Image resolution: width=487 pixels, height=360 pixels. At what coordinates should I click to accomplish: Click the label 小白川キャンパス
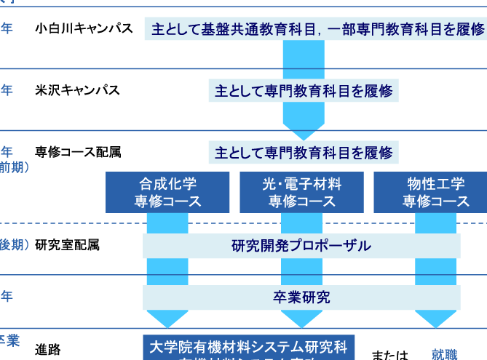[x=84, y=29]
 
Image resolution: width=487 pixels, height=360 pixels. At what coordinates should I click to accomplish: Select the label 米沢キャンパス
[x=77, y=90]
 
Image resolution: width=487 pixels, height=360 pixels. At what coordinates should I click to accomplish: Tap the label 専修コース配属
[x=78, y=152]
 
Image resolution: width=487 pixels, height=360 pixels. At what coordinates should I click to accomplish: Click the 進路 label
[x=48, y=348]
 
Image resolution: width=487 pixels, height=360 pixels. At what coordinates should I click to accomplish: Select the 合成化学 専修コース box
[x=167, y=192]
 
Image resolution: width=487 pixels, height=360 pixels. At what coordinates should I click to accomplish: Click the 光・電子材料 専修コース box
[x=301, y=192]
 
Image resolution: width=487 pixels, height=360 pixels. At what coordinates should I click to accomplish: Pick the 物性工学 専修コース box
[x=436, y=192]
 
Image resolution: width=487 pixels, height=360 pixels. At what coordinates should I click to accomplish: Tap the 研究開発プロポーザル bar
[x=301, y=245]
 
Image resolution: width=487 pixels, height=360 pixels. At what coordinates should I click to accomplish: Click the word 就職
[x=444, y=355]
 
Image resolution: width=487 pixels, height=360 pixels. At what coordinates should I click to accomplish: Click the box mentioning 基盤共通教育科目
[x=317, y=29]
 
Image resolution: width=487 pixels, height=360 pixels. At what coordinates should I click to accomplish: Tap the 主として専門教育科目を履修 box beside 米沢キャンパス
[x=304, y=91]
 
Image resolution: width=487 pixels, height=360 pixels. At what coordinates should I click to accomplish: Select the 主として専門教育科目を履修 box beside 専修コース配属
[x=304, y=153]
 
